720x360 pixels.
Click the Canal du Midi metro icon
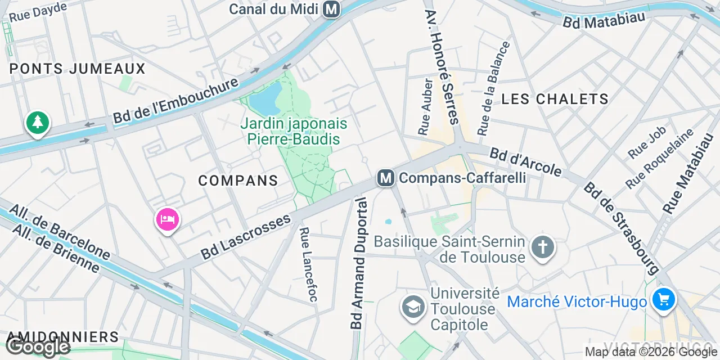pyautogui.click(x=332, y=9)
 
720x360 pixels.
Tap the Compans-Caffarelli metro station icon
pyautogui.click(x=385, y=178)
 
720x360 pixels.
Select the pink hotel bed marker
pyautogui.click(x=168, y=219)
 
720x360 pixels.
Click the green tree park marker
pyautogui.click(x=37, y=122)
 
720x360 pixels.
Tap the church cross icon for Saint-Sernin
pyautogui.click(x=542, y=247)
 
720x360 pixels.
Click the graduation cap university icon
pyautogui.click(x=413, y=307)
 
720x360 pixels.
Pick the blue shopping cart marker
pyautogui.click(x=664, y=299)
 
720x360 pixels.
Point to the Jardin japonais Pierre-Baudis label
pyautogui.click(x=294, y=131)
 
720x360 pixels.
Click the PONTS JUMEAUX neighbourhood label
pyautogui.click(x=78, y=69)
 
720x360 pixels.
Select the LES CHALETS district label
pyautogui.click(x=555, y=99)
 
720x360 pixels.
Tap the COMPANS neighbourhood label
pyautogui.click(x=238, y=181)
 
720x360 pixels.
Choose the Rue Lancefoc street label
pyautogui.click(x=308, y=264)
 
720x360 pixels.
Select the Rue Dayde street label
pyautogui.click(x=38, y=12)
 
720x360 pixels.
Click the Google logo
pyautogui.click(x=38, y=346)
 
